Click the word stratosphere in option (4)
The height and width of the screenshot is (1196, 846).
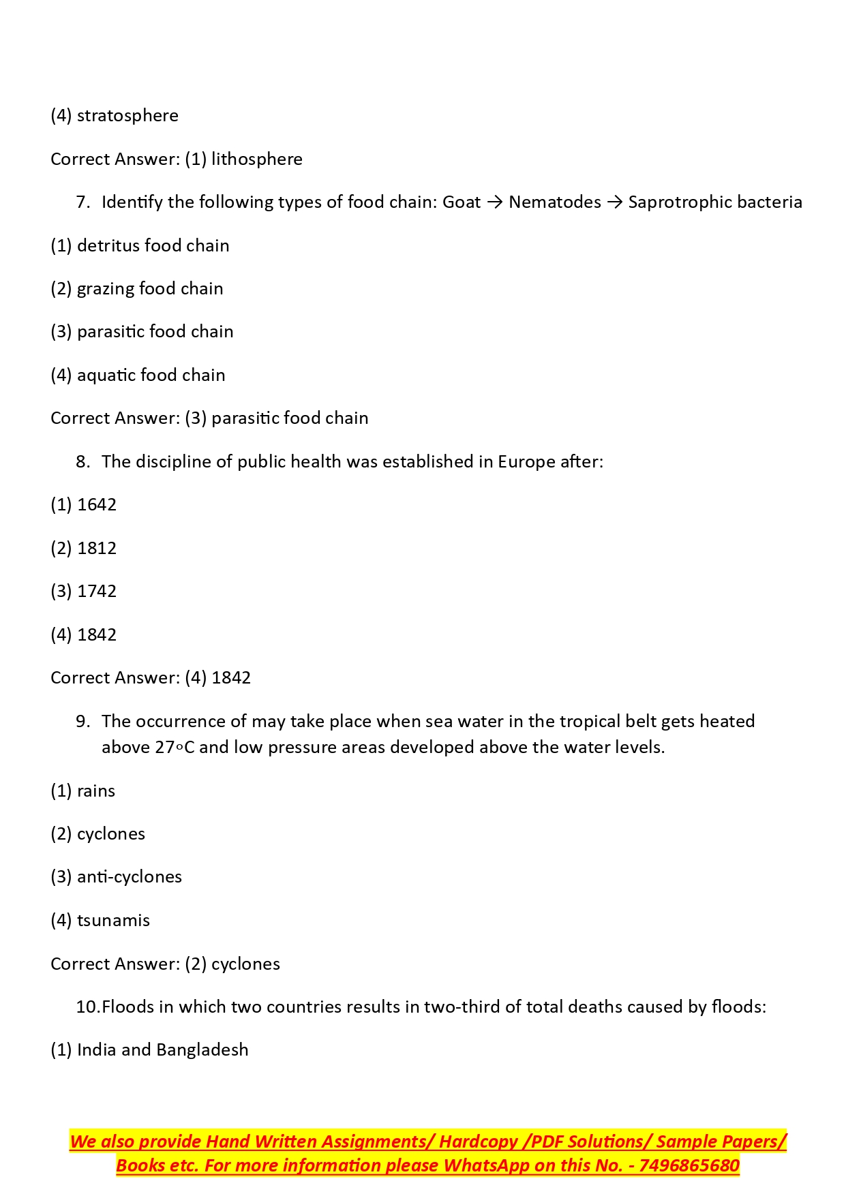127,116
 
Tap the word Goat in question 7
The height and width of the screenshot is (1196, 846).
461,202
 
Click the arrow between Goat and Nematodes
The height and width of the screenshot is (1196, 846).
495,202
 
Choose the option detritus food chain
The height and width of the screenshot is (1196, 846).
153,245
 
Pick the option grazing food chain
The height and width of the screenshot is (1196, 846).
149,289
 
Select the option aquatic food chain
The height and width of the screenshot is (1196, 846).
151,375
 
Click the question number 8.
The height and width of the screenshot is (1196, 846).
82,462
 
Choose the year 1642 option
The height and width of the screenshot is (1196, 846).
96,505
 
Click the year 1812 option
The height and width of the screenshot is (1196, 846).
96,549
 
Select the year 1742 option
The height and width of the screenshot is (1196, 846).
96,592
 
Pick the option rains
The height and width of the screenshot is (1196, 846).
95,791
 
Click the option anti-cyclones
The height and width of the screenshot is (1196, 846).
129,877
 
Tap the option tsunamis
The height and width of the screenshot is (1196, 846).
113,921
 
